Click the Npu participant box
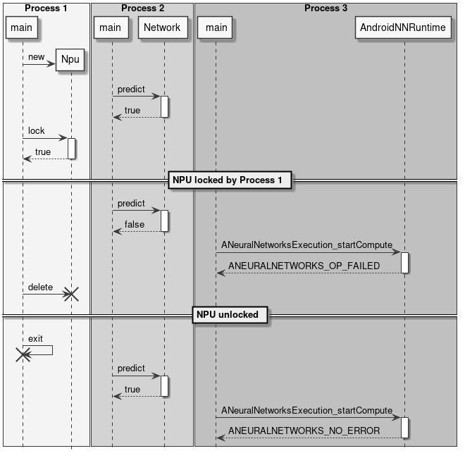[x=70, y=60]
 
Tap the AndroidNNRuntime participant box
[x=403, y=28]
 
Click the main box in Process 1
[x=22, y=28]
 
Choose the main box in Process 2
[x=110, y=28]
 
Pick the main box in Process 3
[x=216, y=28]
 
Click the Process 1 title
[x=46, y=8]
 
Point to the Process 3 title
[x=325, y=8]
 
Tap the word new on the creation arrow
[x=37, y=57]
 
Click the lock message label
[x=37, y=131]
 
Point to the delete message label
[x=40, y=287]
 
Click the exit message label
[x=35, y=339]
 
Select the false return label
[x=134, y=225]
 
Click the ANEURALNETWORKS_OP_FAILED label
[x=304, y=266]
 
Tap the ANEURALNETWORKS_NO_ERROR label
[x=304, y=431]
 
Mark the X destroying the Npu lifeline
[x=71, y=295]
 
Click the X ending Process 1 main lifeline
[x=23, y=355]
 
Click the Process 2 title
[x=142, y=8]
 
